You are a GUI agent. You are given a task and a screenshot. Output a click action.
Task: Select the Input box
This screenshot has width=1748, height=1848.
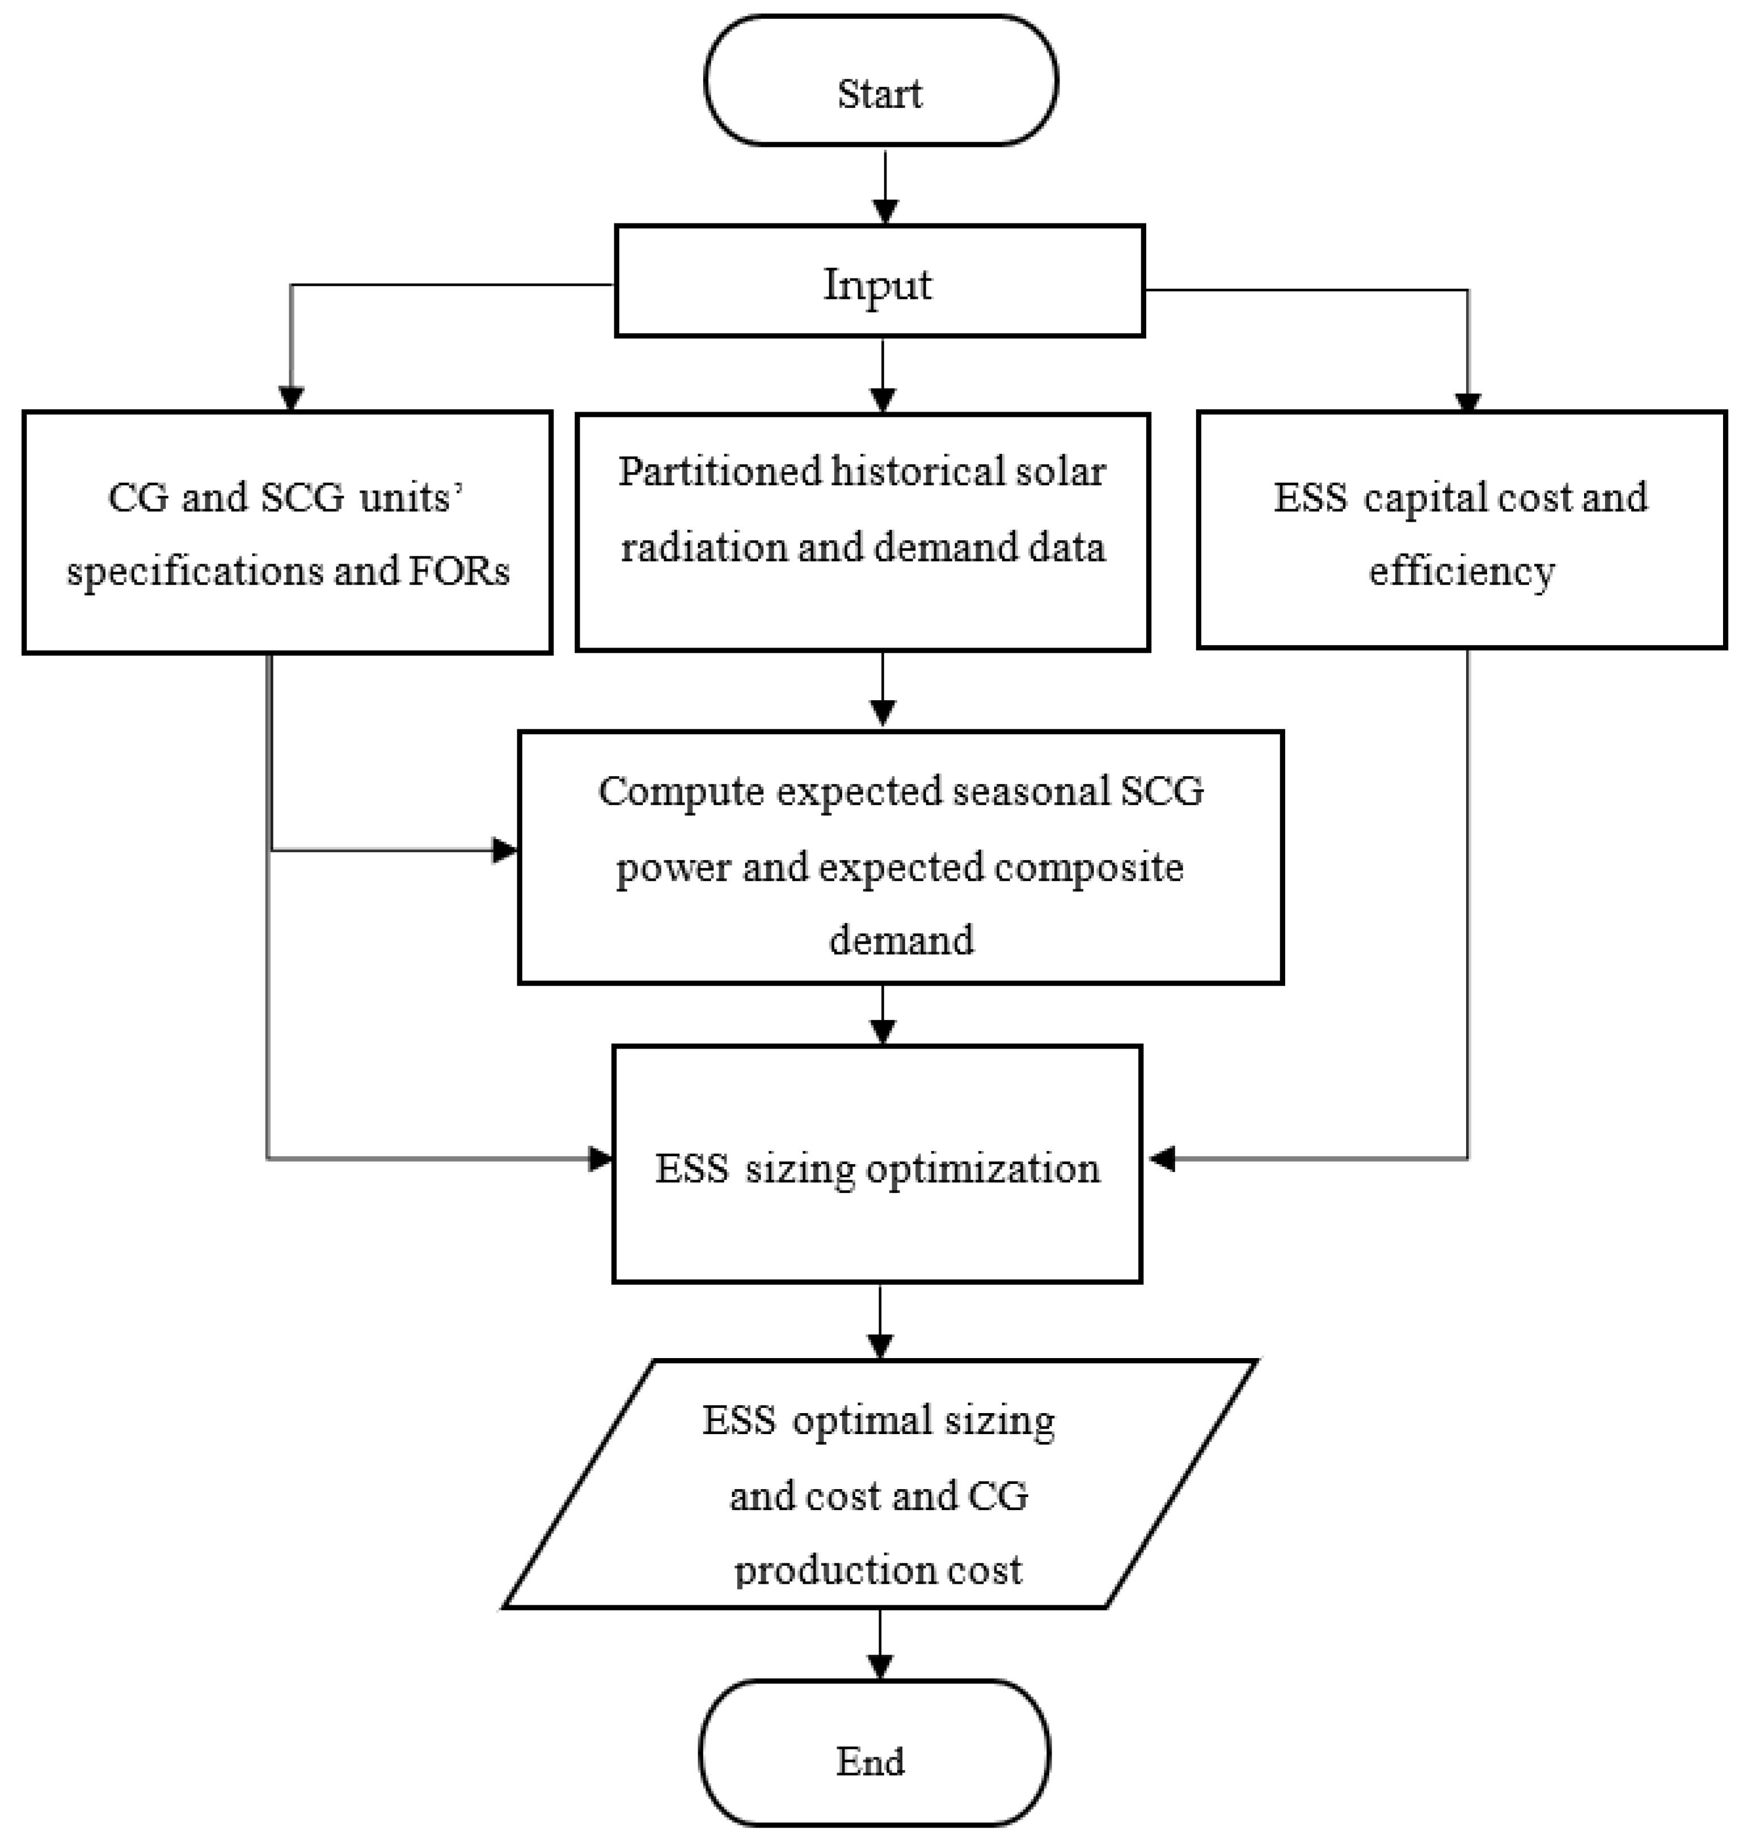pyautogui.click(x=879, y=281)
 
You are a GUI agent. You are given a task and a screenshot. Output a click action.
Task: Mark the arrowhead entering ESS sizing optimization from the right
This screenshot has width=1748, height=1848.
pyautogui.click(x=1162, y=1158)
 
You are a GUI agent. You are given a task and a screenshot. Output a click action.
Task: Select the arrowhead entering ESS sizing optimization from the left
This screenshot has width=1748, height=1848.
pyautogui.click(x=600, y=1158)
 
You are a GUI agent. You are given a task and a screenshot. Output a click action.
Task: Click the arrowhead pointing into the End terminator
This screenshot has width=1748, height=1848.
pyautogui.click(x=880, y=1667)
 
